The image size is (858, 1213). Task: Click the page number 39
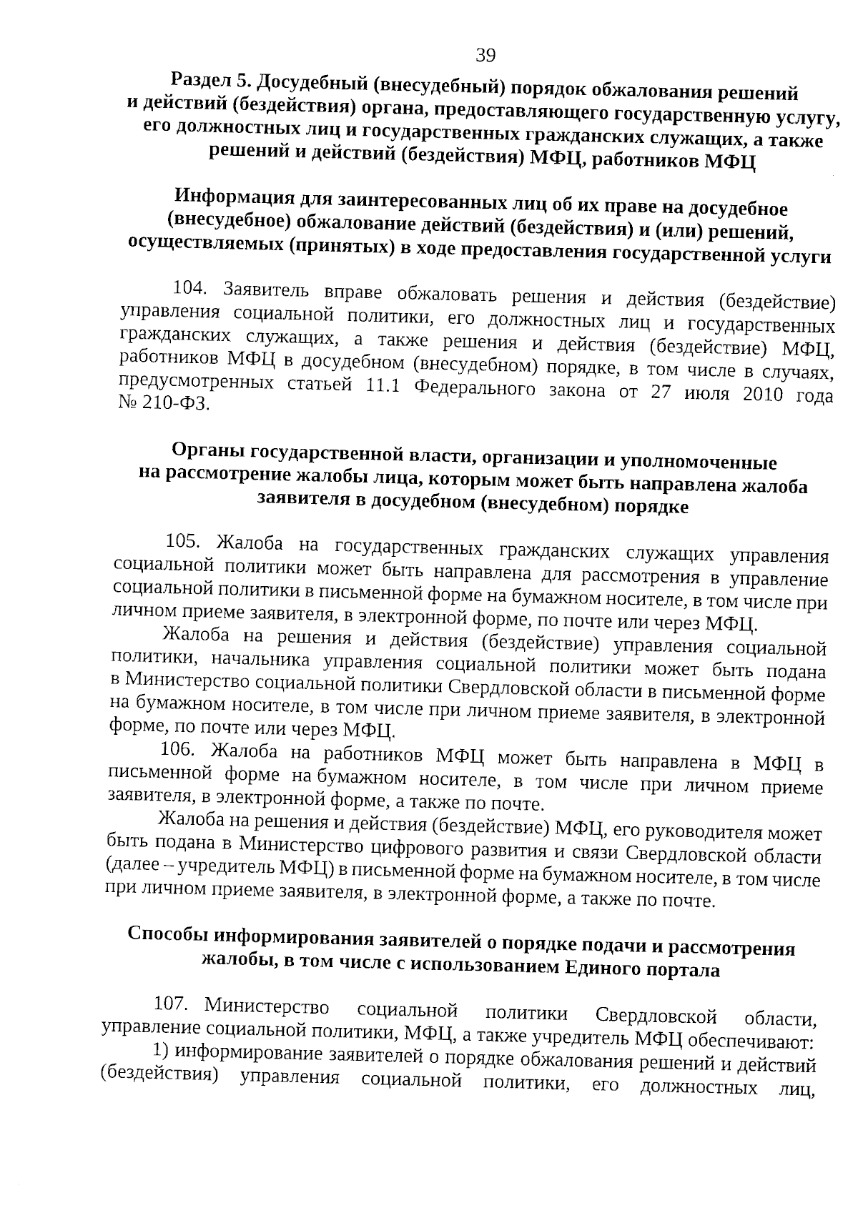pyautogui.click(x=485, y=55)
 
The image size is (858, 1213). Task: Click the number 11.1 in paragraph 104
pyautogui.click(x=382, y=386)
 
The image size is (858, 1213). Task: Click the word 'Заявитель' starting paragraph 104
pyautogui.click(x=266, y=290)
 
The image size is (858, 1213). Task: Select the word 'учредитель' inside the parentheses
pyautogui.click(x=225, y=866)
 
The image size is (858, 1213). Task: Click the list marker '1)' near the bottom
pyautogui.click(x=162, y=1050)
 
